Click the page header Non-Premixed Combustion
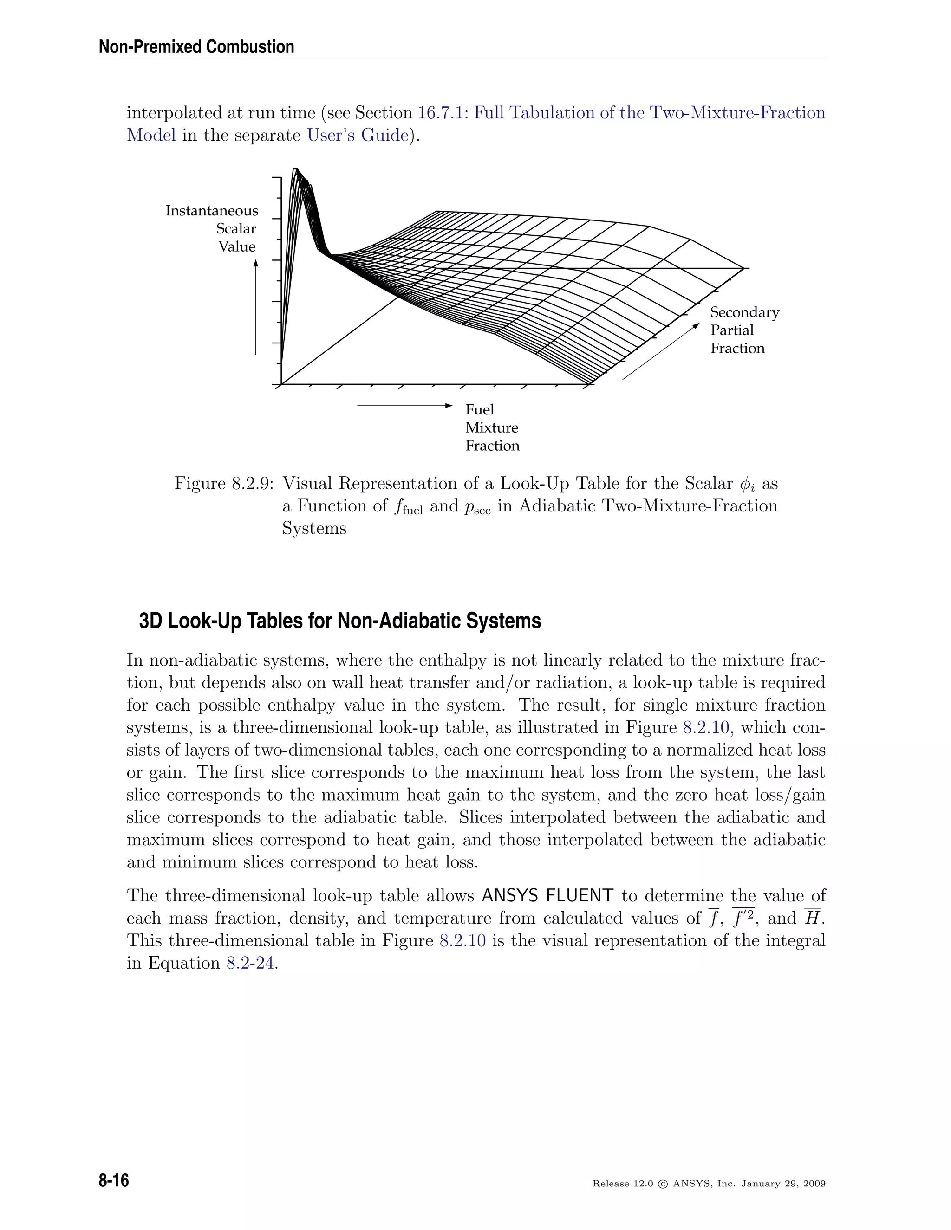pyautogui.click(x=196, y=47)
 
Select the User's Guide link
pyautogui.click(x=357, y=136)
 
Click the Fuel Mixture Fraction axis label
pyautogui.click(x=491, y=427)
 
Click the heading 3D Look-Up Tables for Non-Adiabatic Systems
pyautogui.click(x=340, y=621)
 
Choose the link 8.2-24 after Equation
pyautogui.click(x=250, y=964)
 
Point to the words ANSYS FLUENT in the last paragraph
pyautogui.click(x=547, y=896)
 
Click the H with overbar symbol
pyautogui.click(x=811, y=919)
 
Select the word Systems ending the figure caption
pyautogui.click(x=314, y=529)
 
